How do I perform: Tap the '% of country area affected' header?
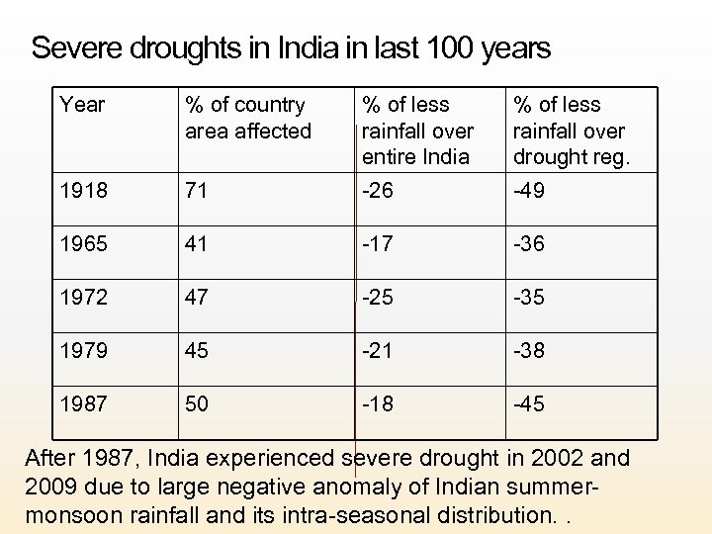[x=247, y=118]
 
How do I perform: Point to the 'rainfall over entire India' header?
[x=417, y=131]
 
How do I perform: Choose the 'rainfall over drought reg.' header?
[x=569, y=131]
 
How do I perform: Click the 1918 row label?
[x=83, y=191]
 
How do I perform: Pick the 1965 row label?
[x=83, y=244]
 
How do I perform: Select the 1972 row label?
[x=83, y=298]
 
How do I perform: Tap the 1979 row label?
[x=83, y=351]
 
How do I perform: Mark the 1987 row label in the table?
[x=83, y=404]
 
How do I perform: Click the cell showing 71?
[x=196, y=191]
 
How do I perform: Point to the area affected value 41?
[x=197, y=244]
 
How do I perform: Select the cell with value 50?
[x=198, y=404]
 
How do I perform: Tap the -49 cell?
[x=529, y=191]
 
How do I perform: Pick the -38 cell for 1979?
[x=529, y=351]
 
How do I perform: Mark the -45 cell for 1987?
[x=529, y=404]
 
